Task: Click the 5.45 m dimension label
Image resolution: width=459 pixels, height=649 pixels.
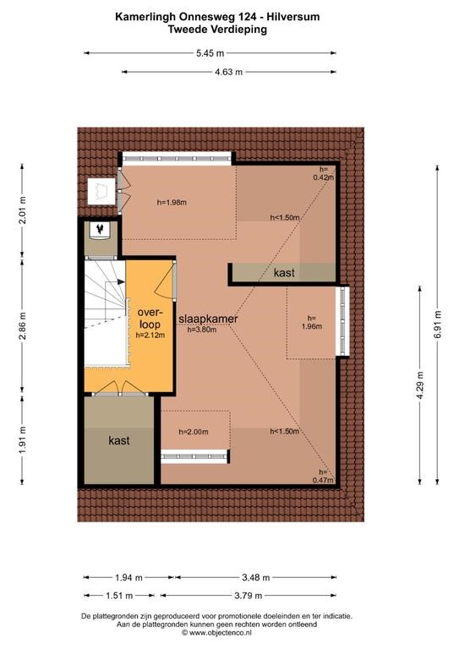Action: pos(210,53)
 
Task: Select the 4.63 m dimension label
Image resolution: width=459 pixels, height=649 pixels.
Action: pos(228,72)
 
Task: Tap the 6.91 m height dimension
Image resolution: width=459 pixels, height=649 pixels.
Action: pos(438,324)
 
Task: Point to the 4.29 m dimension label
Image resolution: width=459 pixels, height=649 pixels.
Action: pos(420,385)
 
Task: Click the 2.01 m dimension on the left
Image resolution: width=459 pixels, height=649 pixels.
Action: pos(22,210)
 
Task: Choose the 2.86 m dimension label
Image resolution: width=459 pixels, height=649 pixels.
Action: pos(22,325)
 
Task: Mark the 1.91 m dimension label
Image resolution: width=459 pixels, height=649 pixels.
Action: pos(22,439)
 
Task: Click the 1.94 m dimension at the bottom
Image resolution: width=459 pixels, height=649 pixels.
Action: pos(128,577)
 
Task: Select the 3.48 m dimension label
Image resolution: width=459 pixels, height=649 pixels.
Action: pos(255,577)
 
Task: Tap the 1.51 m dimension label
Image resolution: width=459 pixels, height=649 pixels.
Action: pos(119,596)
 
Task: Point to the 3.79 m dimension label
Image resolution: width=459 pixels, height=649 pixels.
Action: pos(249,596)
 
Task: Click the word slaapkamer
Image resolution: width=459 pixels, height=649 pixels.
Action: pos(208,319)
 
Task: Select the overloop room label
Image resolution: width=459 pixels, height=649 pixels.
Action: pos(149,318)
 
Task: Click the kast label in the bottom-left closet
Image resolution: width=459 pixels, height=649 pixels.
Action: pos(119,440)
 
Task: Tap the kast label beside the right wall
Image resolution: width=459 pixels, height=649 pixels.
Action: pos(284,272)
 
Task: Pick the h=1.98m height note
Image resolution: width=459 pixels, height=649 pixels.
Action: pos(172,203)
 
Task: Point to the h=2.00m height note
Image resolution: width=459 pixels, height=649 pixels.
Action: pos(194,432)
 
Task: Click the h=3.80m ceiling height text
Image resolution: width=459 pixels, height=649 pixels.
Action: pos(202,330)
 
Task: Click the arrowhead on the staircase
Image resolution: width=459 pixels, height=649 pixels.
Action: pos(121,282)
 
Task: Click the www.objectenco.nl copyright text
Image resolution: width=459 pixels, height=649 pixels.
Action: pos(217,632)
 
